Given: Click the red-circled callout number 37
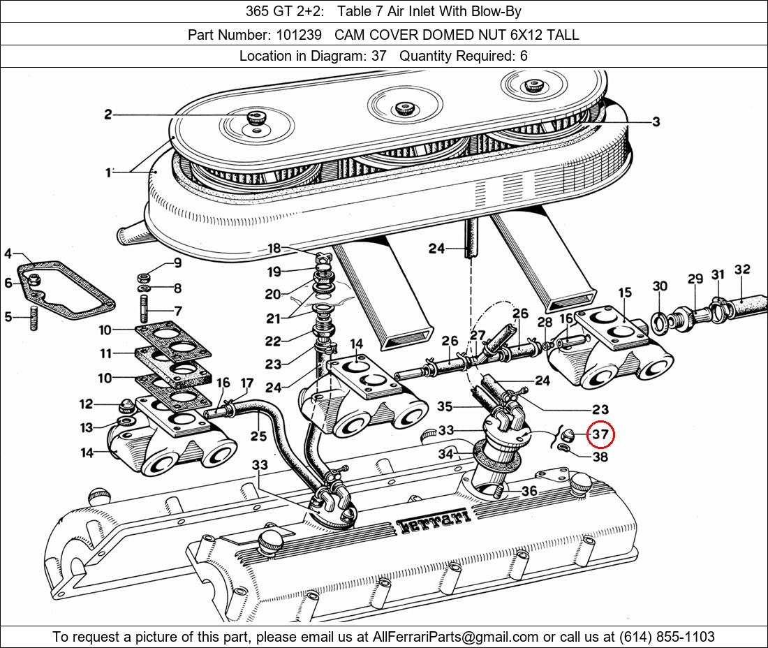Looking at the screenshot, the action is (x=600, y=434).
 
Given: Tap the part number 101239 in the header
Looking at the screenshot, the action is (x=299, y=35).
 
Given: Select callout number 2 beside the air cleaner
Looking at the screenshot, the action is (x=108, y=115).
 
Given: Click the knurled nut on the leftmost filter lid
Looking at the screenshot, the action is (x=255, y=118).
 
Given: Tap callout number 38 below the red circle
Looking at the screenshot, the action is (x=600, y=457).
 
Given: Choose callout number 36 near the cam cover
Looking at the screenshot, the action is (x=529, y=490).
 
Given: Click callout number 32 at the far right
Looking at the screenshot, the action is (x=742, y=269).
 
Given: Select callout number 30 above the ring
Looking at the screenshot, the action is (x=660, y=286).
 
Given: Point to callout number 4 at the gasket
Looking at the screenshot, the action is (x=8, y=253).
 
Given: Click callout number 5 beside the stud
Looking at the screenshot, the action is (x=8, y=317).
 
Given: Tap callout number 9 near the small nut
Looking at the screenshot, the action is (x=177, y=263).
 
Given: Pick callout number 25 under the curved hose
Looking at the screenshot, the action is (x=258, y=436).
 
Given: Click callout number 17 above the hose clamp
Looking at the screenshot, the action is (x=247, y=383).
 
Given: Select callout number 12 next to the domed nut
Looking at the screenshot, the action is (x=86, y=404).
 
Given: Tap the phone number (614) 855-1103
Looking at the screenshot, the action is (x=667, y=637).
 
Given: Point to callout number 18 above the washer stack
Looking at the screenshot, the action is (x=274, y=249).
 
